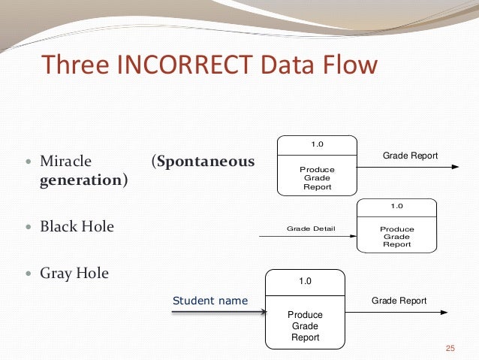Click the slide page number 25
pos(450,346)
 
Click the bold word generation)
pos(83,180)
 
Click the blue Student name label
pos(210,301)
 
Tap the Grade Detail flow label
pos(311,228)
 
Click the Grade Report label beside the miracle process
pos(410,156)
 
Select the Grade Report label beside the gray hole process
pos(399,301)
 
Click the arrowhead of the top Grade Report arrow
pos(455,167)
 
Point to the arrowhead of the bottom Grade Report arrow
pos(444,313)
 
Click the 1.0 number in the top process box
pos(318,144)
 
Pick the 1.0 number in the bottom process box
pos(305,281)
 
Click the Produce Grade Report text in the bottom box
pos(305,326)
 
